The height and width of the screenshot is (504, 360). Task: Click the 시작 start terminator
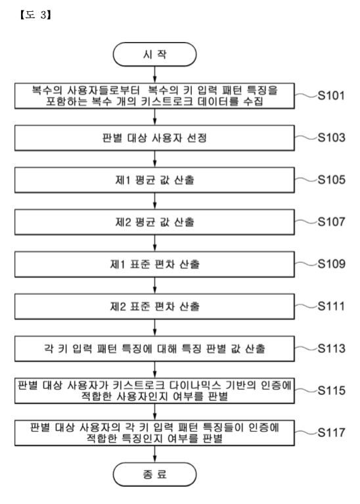154,55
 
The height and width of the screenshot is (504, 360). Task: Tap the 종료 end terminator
154,474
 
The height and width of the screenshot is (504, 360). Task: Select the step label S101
331,95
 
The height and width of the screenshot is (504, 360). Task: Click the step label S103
331,137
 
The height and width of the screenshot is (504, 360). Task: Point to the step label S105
331,179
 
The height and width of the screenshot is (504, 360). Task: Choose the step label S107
331,222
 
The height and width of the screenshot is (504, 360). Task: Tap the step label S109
331,264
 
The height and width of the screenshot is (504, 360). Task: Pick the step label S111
331,306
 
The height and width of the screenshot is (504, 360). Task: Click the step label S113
331,348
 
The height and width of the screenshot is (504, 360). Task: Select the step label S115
331,390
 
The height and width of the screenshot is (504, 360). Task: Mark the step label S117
331,432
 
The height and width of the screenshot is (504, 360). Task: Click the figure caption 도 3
35,15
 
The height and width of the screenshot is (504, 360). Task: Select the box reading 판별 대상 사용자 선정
154,138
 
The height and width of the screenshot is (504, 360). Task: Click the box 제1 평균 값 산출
154,180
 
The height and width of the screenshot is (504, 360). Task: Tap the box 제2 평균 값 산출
154,222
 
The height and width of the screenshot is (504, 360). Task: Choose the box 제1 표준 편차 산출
154,264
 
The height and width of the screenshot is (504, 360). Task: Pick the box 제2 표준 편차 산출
154,306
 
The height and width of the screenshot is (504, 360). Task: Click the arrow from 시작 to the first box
155,74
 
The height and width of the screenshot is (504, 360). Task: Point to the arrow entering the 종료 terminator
155,454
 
